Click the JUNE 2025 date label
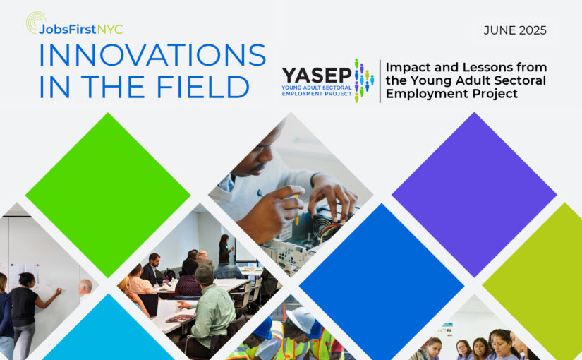click(515, 30)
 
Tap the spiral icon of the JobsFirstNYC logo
click(35, 22)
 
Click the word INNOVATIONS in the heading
click(152, 55)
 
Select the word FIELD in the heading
click(202, 87)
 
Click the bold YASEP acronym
click(317, 76)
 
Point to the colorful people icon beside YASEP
click(364, 80)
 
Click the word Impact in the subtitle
click(408, 68)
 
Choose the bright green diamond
click(108, 195)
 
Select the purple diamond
click(474, 195)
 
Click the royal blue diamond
click(382, 286)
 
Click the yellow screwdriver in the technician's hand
click(296, 210)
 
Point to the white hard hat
click(301, 320)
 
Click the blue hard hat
click(264, 328)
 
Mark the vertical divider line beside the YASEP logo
click(380, 81)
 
